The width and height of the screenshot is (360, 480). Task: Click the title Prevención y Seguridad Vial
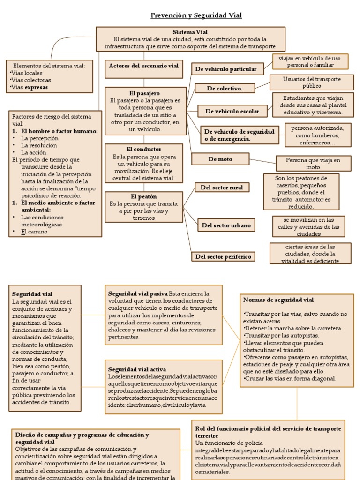tap(196, 15)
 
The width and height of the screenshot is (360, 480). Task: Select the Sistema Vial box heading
tap(190, 32)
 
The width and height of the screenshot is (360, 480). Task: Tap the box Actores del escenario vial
tap(143, 66)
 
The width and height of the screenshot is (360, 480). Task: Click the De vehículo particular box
tap(226, 69)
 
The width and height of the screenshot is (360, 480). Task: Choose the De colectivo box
tap(225, 88)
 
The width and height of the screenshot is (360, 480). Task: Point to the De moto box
tap(220, 159)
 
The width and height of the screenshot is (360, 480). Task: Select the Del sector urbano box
tap(226, 225)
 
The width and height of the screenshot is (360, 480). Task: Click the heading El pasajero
tap(144, 93)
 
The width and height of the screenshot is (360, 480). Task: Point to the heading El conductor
tap(143, 149)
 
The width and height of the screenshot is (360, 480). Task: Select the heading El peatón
tap(144, 196)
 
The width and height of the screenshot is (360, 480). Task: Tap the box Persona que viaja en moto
tap(313, 163)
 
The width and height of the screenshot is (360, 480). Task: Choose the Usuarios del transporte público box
tap(312, 82)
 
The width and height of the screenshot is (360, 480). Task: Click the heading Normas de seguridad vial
tap(278, 300)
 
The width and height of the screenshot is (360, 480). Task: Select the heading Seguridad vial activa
tap(137, 369)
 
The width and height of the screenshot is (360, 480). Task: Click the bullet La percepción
tap(39, 138)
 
